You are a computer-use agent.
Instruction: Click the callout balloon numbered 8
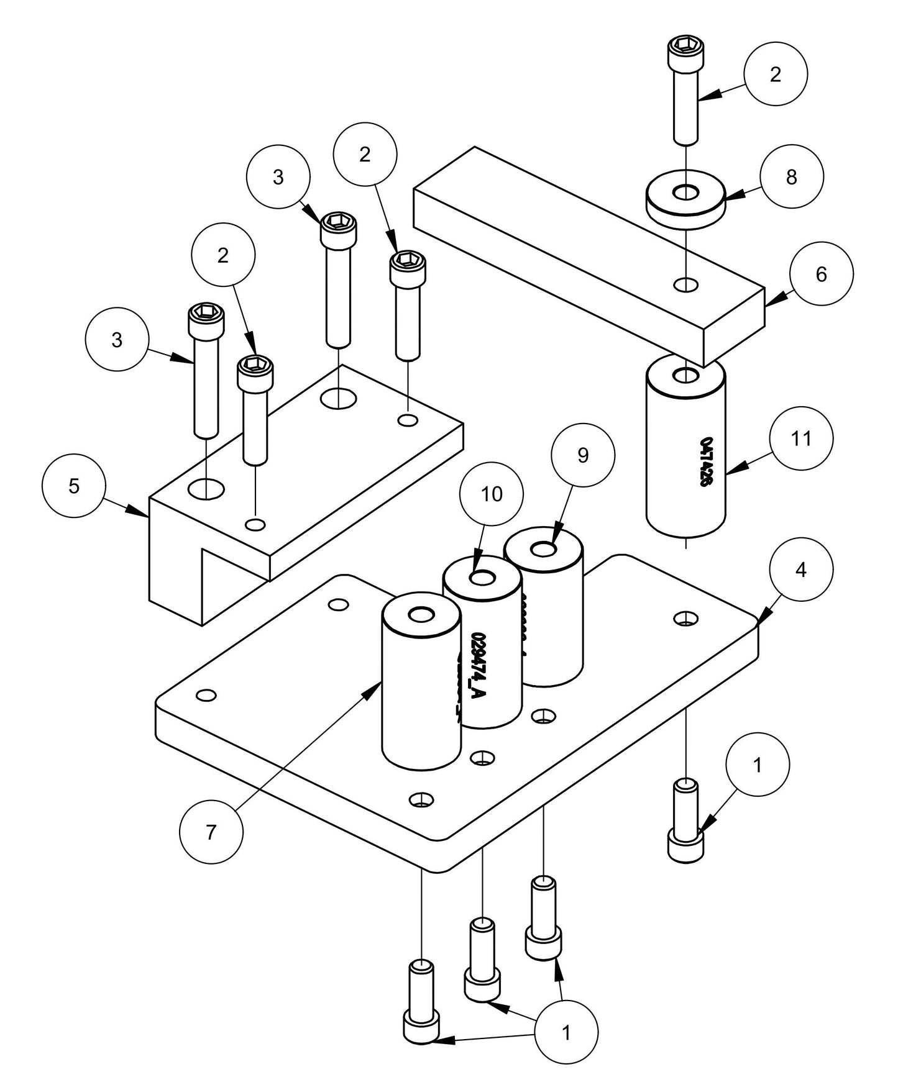click(791, 177)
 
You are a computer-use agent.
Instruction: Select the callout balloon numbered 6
click(821, 274)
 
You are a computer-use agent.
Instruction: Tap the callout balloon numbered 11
click(801, 438)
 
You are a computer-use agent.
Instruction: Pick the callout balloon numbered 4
click(800, 569)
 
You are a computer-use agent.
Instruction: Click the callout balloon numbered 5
click(74, 486)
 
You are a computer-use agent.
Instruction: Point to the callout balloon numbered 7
click(211, 832)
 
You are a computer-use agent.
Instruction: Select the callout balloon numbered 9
click(583, 455)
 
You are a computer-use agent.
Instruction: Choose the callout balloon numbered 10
click(491, 494)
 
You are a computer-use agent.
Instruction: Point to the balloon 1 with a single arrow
click(757, 765)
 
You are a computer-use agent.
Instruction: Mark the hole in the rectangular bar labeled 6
click(685, 284)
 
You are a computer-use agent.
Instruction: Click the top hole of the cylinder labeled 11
click(685, 375)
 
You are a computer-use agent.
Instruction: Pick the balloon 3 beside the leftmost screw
click(117, 340)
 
